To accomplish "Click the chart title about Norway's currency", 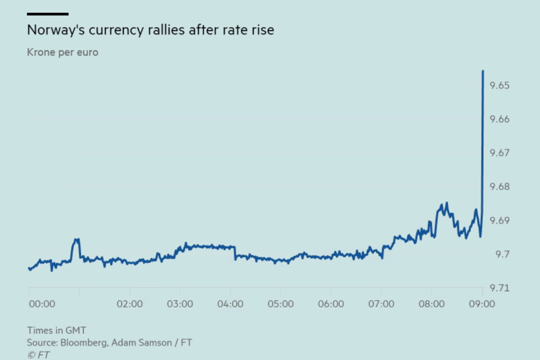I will pyautogui.click(x=150, y=30).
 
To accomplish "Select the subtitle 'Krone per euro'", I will pyautogui.click(x=63, y=52).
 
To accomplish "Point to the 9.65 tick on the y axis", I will pyautogui.click(x=499, y=85).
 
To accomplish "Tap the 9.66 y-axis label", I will pyautogui.click(x=499, y=119).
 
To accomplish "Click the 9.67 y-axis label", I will pyautogui.click(x=499, y=153).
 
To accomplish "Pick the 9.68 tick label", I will pyautogui.click(x=499, y=187).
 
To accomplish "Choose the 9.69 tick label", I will pyautogui.click(x=499, y=220).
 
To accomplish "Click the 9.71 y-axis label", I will pyautogui.click(x=499, y=288).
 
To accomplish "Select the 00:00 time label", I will pyautogui.click(x=42, y=304).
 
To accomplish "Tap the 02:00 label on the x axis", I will pyautogui.click(x=130, y=304).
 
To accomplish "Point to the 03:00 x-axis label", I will pyautogui.click(x=180, y=304).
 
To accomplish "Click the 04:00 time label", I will pyautogui.click(x=230, y=304).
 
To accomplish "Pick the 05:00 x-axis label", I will pyautogui.click(x=281, y=304).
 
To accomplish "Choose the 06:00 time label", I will pyautogui.click(x=331, y=304).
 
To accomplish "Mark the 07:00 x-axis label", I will pyautogui.click(x=381, y=304).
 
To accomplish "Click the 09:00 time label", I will pyautogui.click(x=482, y=304).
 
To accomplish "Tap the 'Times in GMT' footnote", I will pyautogui.click(x=56, y=331).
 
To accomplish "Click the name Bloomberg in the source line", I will pyautogui.click(x=84, y=342).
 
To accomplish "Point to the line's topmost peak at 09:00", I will pyautogui.click(x=483, y=71).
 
